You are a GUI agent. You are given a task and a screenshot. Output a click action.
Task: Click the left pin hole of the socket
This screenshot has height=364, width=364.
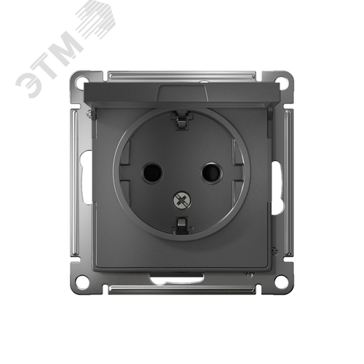152,173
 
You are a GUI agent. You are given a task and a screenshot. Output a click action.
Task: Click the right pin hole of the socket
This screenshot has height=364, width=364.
212,173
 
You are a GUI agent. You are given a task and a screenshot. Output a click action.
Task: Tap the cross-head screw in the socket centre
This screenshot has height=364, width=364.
182,200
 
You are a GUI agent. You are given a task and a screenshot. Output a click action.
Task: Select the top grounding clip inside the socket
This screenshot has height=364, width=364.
182,120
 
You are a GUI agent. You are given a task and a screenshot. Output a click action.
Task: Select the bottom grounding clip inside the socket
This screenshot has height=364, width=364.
182,226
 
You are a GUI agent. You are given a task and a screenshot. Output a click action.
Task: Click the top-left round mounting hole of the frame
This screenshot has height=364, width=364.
82,81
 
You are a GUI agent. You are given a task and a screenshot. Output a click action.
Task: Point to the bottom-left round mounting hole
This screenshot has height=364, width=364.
82,282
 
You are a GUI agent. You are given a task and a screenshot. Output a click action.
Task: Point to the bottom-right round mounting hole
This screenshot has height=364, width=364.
282,282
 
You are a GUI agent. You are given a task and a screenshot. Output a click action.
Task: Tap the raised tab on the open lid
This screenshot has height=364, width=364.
183,93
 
